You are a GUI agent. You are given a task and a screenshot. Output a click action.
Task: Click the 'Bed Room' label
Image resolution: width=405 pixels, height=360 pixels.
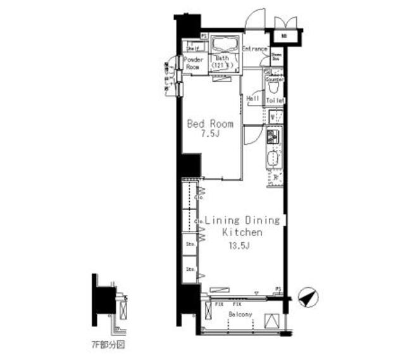tap(210, 124)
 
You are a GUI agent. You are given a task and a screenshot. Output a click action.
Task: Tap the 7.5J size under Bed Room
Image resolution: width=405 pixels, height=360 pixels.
tap(210, 134)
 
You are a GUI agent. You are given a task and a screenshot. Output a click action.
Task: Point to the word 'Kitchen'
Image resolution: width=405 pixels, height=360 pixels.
tap(242, 233)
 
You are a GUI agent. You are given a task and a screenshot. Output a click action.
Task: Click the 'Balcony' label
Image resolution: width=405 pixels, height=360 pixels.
tap(240, 314)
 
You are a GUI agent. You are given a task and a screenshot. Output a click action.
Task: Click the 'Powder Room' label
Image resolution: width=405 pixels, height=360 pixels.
tap(193, 63)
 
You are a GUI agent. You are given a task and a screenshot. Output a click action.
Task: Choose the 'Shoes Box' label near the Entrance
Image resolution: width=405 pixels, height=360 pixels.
tap(277, 56)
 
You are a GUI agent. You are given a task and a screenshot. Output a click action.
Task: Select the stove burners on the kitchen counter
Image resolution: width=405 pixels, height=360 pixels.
tap(275, 136)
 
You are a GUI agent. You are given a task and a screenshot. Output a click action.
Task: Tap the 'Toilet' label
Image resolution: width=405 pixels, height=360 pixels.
tap(275, 101)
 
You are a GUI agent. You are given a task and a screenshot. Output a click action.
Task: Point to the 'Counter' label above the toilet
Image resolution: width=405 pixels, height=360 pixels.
tap(275, 80)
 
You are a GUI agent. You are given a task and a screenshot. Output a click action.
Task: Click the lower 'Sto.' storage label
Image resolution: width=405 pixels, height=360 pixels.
tap(189, 270)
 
